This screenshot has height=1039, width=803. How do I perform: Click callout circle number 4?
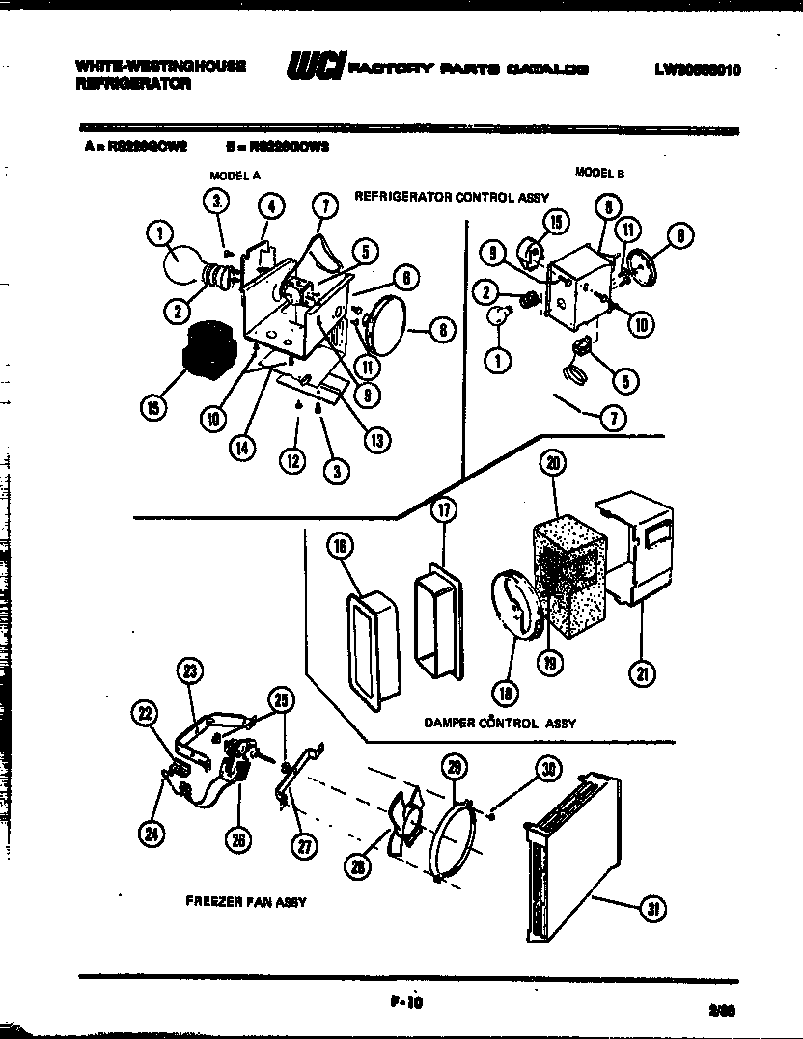click(271, 205)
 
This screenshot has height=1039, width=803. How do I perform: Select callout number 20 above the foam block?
click(553, 464)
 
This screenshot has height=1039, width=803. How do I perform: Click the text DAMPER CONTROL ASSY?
click(499, 722)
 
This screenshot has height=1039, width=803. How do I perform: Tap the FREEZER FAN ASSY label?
click(245, 901)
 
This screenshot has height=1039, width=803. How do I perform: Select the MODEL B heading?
click(599, 173)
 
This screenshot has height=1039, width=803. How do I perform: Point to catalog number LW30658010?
click(698, 69)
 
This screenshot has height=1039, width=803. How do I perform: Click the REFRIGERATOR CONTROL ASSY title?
click(451, 197)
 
